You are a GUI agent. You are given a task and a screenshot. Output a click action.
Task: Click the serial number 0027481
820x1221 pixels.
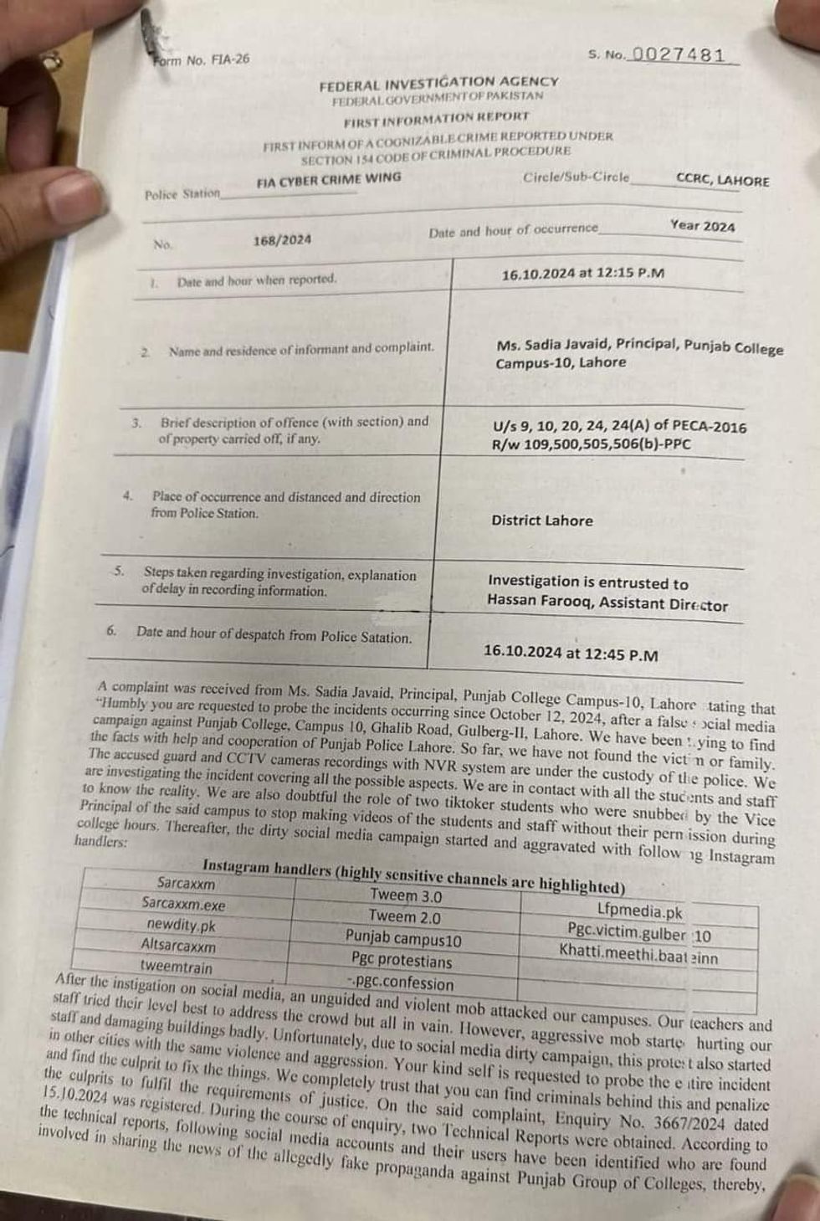[x=679, y=55]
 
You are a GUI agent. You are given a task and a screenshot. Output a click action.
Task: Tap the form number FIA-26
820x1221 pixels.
[x=201, y=59]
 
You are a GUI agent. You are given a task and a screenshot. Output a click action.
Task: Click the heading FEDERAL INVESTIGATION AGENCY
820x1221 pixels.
[x=438, y=82]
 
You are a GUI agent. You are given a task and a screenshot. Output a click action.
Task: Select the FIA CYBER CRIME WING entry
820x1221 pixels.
[x=329, y=178]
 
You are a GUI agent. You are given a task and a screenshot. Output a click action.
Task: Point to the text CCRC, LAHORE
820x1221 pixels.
[x=722, y=180]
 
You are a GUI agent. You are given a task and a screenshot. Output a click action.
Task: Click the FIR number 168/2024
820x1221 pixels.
[x=282, y=240]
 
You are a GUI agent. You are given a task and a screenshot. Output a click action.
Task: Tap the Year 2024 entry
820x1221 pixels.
[x=702, y=226]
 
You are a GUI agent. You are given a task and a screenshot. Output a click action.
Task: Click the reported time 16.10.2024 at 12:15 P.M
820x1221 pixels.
[x=583, y=273]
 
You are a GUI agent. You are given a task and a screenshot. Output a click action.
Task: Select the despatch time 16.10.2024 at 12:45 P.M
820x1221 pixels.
[x=571, y=654]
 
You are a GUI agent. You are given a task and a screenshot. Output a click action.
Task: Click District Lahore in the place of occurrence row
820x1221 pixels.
[x=542, y=520]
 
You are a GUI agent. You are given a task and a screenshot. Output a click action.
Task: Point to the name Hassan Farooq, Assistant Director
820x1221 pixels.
[x=607, y=604]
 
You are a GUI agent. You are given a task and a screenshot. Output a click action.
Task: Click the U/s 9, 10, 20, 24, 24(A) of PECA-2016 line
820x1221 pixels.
[x=619, y=426]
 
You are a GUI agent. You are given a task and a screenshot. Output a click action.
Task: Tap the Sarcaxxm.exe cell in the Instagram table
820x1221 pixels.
[x=183, y=904]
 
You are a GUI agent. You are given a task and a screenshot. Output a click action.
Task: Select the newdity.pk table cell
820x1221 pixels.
[x=182, y=925]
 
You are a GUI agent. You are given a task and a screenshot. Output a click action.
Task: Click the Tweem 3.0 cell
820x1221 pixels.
[x=406, y=895]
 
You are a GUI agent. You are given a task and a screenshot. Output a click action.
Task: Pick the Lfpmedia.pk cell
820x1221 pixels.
[x=640, y=911]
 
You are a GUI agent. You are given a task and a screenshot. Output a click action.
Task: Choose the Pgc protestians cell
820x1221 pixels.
[x=402, y=961]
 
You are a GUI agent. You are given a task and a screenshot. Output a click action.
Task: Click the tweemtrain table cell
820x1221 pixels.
[x=177, y=967]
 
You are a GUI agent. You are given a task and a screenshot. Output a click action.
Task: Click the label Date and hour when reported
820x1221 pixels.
[x=256, y=280]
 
